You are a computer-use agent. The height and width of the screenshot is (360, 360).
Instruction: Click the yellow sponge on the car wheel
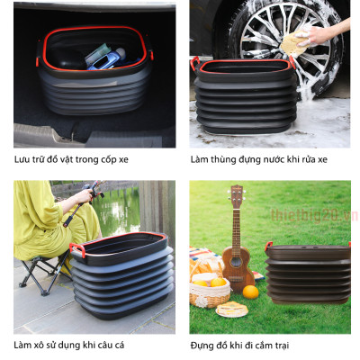click(293, 44)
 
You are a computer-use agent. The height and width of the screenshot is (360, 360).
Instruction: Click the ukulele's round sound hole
click(237, 263)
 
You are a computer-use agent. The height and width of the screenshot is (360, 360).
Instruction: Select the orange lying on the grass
click(250, 292)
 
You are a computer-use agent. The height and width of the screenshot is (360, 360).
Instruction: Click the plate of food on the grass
click(232, 310)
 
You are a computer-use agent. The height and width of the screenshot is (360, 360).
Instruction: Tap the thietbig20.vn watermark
click(314, 215)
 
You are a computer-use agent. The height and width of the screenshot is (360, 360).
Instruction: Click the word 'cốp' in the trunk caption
click(108, 160)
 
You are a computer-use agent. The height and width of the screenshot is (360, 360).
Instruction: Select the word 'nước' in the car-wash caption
click(274, 159)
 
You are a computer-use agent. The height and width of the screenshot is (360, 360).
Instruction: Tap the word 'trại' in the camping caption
click(281, 346)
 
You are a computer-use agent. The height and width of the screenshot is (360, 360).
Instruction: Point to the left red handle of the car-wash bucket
click(194, 63)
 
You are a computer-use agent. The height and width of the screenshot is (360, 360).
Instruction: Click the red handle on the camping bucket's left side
click(268, 246)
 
